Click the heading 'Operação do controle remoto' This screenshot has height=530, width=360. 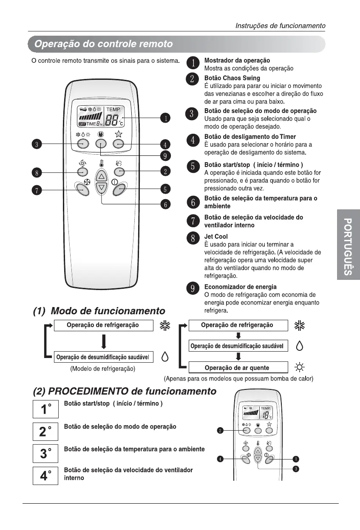(x=103, y=44)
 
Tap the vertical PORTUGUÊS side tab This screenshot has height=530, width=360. (x=348, y=246)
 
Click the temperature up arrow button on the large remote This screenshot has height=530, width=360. (x=101, y=175)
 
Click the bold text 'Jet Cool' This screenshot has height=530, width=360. (x=216, y=237)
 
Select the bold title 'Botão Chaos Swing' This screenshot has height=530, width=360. (x=232, y=78)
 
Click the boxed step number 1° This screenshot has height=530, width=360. (x=45, y=409)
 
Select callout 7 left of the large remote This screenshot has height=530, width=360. (x=38, y=190)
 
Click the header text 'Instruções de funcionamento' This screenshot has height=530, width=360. (x=281, y=26)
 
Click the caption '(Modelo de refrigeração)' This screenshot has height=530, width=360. (x=103, y=369)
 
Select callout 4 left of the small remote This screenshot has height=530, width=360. (x=221, y=459)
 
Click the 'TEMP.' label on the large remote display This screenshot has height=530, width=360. (x=113, y=109)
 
